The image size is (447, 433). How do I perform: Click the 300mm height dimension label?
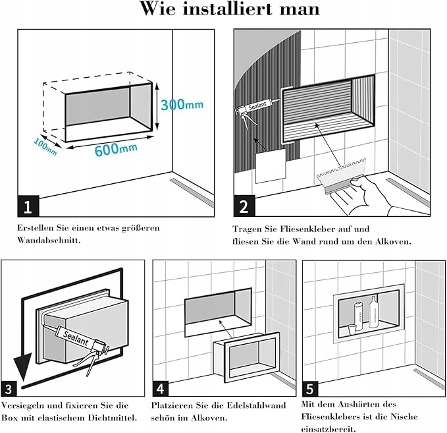(182, 105)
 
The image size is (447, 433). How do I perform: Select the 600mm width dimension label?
(116, 149)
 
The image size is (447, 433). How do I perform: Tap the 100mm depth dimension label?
(45, 147)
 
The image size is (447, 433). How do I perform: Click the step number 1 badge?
(28, 206)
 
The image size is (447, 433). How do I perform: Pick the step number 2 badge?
(244, 206)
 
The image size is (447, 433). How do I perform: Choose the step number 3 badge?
(9, 388)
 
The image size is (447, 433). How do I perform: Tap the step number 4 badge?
(161, 388)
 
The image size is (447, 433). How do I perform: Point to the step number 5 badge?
(310, 388)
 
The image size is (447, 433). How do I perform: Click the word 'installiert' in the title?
(227, 9)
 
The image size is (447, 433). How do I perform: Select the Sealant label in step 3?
(76, 338)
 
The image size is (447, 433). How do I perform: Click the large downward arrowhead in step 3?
(23, 366)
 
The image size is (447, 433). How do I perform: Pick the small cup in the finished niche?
(352, 330)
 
